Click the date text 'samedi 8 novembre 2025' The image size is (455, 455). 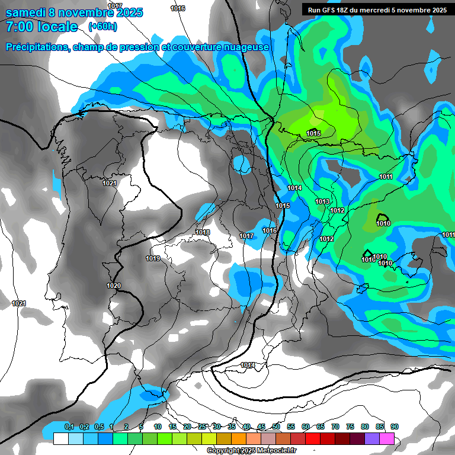click(74, 12)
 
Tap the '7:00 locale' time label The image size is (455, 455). click(41, 27)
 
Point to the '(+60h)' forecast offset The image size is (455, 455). click(102, 27)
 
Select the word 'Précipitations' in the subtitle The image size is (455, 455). click(36, 47)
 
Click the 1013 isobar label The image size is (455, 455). click(322, 202)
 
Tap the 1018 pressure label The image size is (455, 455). click(203, 232)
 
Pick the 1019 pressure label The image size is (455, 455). click(153, 258)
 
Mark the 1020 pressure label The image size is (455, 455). click(114, 286)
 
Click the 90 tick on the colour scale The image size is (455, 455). click(394, 427)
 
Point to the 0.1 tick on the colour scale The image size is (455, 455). click(69, 427)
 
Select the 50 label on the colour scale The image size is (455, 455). click(276, 427)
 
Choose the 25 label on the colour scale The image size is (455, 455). click(202, 427)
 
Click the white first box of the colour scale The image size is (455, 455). click(60, 438)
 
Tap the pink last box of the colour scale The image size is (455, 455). click(386, 438)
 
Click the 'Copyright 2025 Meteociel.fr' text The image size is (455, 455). click(251, 450)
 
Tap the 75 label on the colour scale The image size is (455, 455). click(350, 427)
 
